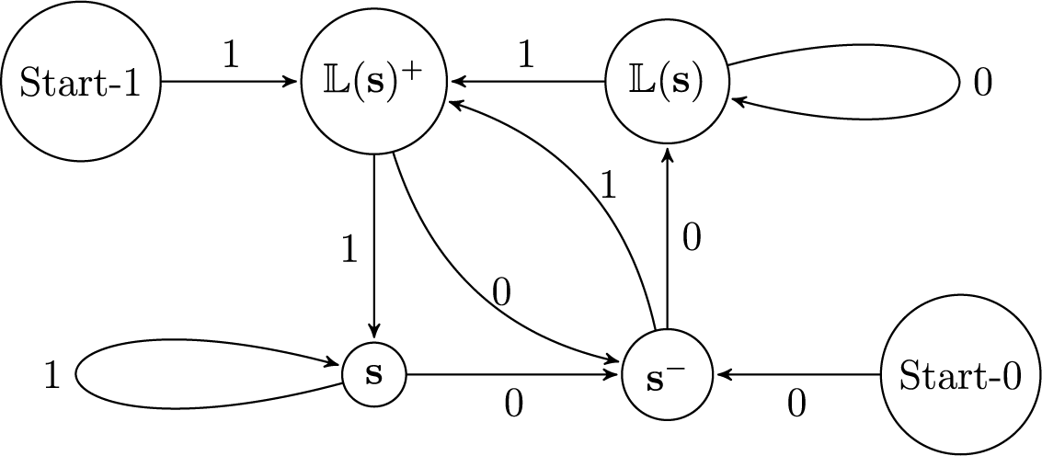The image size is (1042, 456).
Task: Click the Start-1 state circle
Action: pos(80,82)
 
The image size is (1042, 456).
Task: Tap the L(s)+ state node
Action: pos(373,82)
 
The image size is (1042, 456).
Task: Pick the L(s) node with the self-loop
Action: pos(668,82)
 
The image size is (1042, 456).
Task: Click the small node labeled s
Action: pos(373,375)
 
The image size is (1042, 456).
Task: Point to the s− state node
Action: pos(668,375)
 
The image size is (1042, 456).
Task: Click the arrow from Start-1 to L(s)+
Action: pos(230,82)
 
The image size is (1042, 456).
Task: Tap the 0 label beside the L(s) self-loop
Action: pos(982,83)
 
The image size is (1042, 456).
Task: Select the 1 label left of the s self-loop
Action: pos(52,376)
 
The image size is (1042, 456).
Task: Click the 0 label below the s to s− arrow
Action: pos(514,403)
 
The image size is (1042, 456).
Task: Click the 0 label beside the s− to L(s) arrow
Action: pos(692,239)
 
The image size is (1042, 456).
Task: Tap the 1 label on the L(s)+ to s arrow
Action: pos(349,250)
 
